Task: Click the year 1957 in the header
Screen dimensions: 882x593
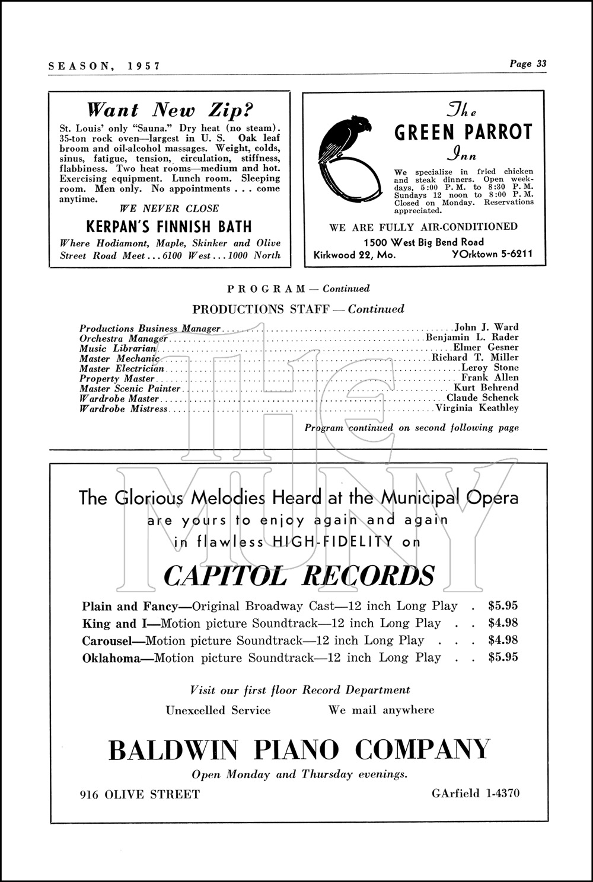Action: [144, 66]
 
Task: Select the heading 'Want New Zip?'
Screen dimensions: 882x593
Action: [170, 110]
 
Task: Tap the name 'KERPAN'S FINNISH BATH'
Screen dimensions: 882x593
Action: [169, 227]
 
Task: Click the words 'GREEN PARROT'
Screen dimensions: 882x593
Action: [464, 132]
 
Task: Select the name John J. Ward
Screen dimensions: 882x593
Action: [486, 327]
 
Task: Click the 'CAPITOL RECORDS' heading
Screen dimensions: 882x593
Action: [299, 575]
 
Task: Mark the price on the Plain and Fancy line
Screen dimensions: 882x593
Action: [503, 606]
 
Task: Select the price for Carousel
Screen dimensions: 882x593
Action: [503, 640]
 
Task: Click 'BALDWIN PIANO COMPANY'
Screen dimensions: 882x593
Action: [299, 750]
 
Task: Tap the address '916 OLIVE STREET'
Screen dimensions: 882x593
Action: [140, 794]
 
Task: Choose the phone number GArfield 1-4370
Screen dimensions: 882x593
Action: [476, 793]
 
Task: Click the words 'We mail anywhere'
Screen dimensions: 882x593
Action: [381, 710]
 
